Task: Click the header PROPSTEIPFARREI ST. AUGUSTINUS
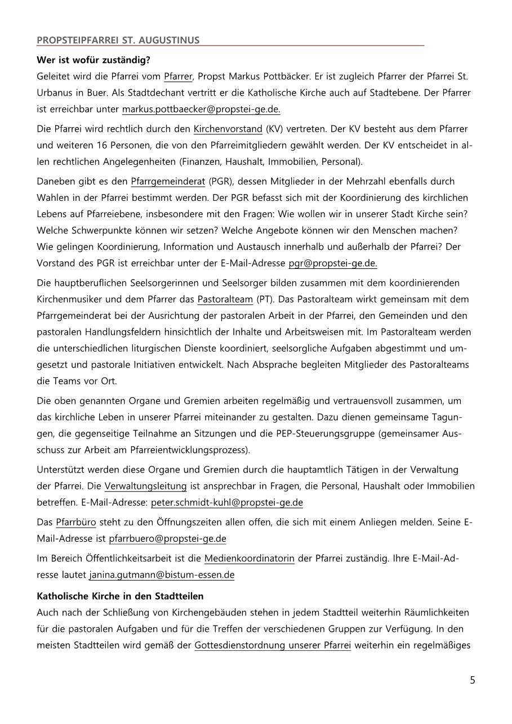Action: pyautogui.click(x=118, y=40)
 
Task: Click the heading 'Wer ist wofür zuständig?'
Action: pyautogui.click(x=94, y=60)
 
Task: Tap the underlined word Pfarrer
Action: pyautogui.click(x=178, y=76)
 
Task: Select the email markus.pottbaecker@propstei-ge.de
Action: pyautogui.click(x=201, y=109)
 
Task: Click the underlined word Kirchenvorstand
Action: pyautogui.click(x=228, y=129)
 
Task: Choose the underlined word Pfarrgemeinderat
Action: pyautogui.click(x=168, y=181)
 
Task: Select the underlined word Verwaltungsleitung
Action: pyautogui.click(x=145, y=485)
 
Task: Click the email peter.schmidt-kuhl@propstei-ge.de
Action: pyautogui.click(x=227, y=502)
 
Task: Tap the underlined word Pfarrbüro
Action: pyautogui.click(x=75, y=522)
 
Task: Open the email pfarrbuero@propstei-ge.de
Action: pyautogui.click(x=167, y=538)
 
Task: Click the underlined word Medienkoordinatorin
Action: pyautogui.click(x=249, y=559)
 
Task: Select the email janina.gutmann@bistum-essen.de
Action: pyautogui.click(x=162, y=575)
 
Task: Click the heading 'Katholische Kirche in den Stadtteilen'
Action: pyautogui.click(x=120, y=596)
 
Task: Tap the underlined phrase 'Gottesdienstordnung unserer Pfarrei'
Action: pyautogui.click(x=273, y=645)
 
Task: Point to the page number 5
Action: pyautogui.click(x=473, y=680)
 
